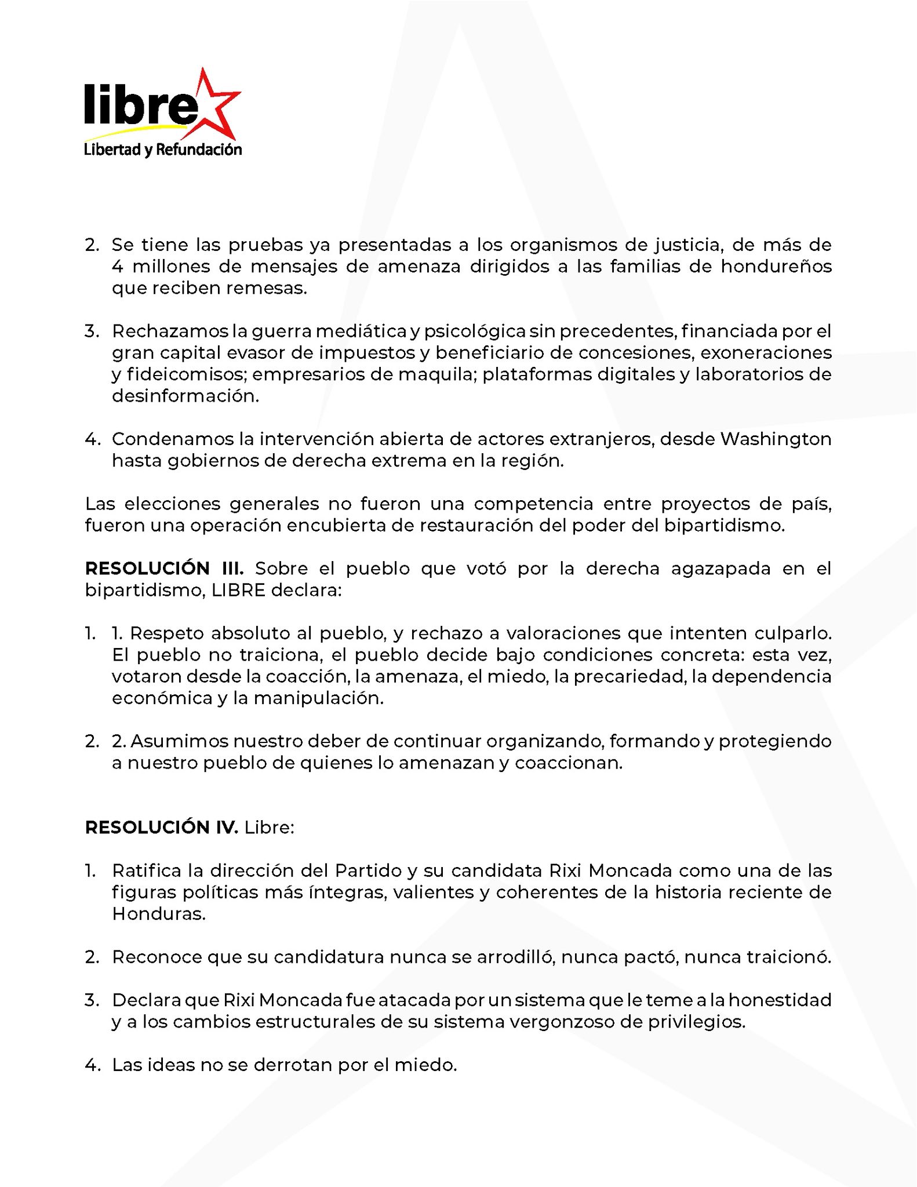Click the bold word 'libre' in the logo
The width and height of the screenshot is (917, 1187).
click(x=137, y=105)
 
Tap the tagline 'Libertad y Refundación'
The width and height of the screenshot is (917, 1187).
click(x=163, y=150)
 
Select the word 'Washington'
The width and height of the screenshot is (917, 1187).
click(x=776, y=439)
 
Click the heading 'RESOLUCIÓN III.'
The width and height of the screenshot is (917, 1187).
click(x=165, y=568)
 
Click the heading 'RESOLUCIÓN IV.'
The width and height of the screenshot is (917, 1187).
click(x=161, y=827)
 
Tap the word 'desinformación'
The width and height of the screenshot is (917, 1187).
click(x=185, y=396)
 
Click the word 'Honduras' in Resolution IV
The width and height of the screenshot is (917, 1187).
click(x=158, y=914)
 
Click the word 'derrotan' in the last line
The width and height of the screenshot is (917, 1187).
click(x=293, y=1065)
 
